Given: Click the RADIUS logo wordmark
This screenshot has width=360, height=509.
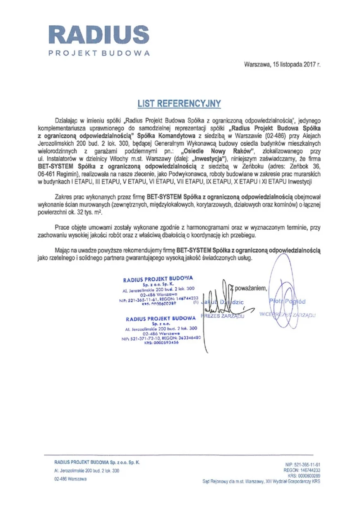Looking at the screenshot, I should click(x=98, y=35).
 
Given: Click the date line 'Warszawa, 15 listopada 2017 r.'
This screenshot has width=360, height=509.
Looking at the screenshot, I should click(x=282, y=65).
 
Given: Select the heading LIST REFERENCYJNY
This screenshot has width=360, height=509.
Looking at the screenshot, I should click(x=179, y=103).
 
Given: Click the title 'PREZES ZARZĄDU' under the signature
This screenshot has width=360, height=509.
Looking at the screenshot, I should click(x=222, y=316).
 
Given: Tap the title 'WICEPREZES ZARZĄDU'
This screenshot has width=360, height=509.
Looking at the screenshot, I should click(x=287, y=315).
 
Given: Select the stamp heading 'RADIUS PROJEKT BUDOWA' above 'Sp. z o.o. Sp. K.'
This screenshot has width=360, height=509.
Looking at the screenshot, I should click(x=158, y=279).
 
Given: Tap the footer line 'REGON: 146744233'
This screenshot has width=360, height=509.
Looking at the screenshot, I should click(x=302, y=471).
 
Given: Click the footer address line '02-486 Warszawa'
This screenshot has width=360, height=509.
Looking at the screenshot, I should click(x=70, y=479).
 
